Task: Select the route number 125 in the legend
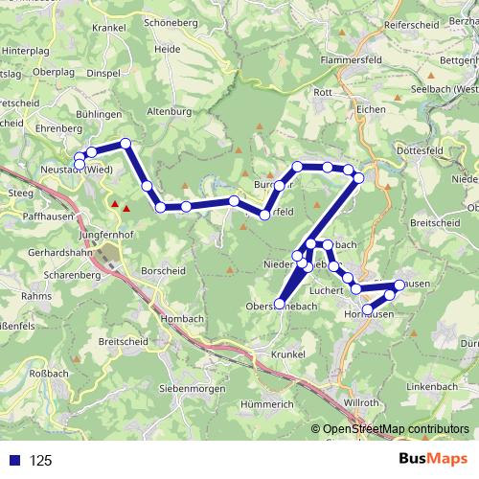tap(41, 461)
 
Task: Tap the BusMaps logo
tap(427, 460)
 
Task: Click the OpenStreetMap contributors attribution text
tap(394, 430)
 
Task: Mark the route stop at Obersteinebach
tap(280, 305)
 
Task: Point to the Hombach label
tap(184, 318)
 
